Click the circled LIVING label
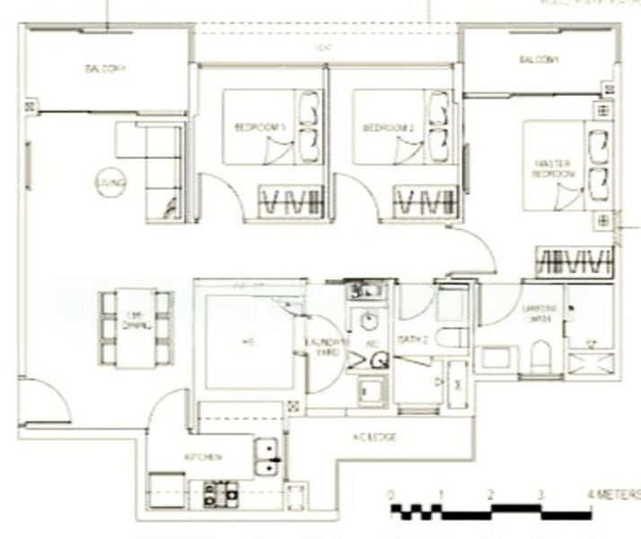click(x=112, y=182)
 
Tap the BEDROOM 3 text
click(x=260, y=128)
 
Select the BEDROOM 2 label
click(x=388, y=128)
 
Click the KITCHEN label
click(x=203, y=457)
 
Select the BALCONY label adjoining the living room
click(x=106, y=68)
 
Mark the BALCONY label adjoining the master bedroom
click(x=539, y=60)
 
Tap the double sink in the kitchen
click(x=268, y=457)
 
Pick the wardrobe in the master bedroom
click(x=574, y=261)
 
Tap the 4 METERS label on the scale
click(x=615, y=494)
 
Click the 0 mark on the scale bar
click(x=391, y=494)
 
